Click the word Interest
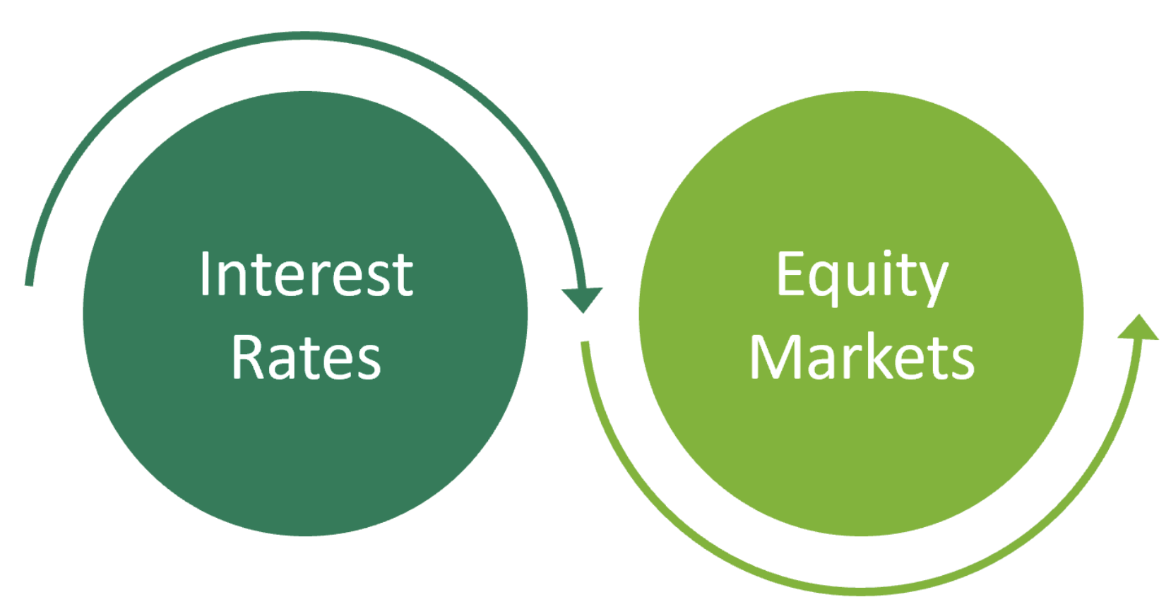tap(306, 274)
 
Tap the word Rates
tap(306, 358)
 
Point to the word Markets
tap(862, 358)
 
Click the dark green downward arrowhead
tap(582, 298)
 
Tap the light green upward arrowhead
tap(1138, 329)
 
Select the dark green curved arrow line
tap(304, 35)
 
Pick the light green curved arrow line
tap(862, 590)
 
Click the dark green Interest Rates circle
tap(305, 452)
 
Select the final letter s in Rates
tap(368, 362)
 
